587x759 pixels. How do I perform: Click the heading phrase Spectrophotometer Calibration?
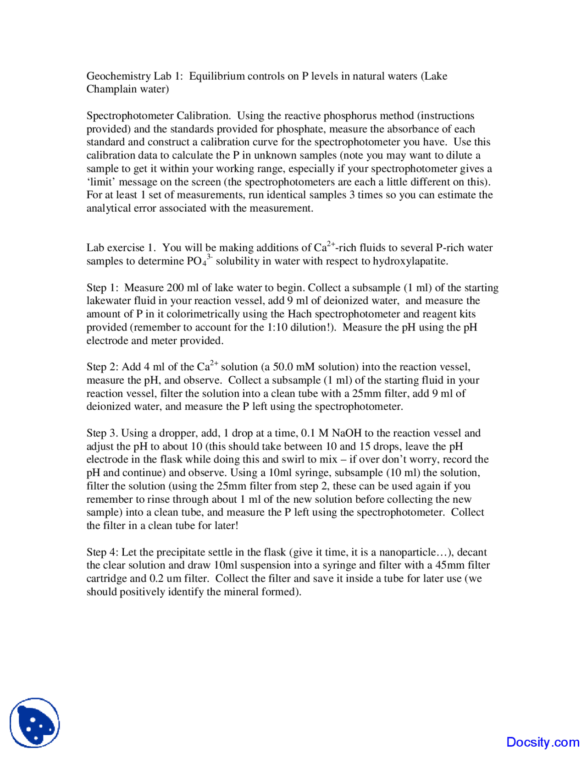pos(158,116)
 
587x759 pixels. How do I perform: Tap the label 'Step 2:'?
pos(103,367)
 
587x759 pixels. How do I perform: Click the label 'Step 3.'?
pos(102,433)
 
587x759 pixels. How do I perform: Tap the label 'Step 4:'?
pos(103,552)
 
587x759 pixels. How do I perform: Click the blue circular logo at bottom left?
pos(35,723)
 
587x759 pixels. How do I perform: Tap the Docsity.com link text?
pos(543,742)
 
